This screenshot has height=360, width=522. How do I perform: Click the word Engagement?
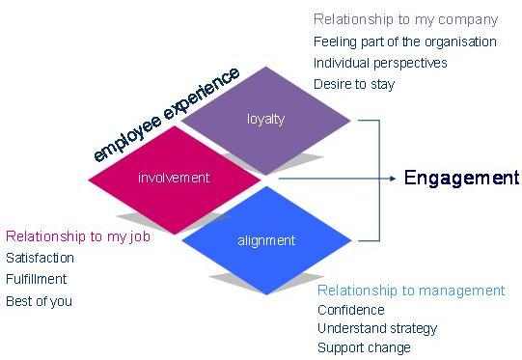pyautogui.click(x=461, y=178)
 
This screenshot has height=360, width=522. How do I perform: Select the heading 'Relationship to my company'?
pyautogui.click(x=405, y=19)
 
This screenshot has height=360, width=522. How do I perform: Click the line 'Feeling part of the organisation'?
pyautogui.click(x=404, y=42)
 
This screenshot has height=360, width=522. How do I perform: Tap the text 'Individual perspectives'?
pyautogui.click(x=380, y=63)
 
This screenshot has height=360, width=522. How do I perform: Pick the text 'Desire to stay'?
pyautogui.click(x=354, y=84)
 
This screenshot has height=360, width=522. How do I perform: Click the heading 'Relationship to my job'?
pyautogui.click(x=77, y=236)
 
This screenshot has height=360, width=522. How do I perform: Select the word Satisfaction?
pyautogui.click(x=40, y=258)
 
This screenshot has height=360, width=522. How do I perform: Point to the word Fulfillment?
pyautogui.click(x=37, y=279)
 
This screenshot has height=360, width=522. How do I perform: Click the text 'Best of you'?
pyautogui.click(x=39, y=301)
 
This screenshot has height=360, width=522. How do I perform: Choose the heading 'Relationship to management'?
pyautogui.click(x=411, y=291)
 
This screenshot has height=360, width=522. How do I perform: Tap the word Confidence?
pyautogui.click(x=351, y=310)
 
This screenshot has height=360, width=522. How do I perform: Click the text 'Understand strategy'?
pyautogui.click(x=377, y=328)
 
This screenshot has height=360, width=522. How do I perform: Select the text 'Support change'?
pyautogui.click(x=364, y=347)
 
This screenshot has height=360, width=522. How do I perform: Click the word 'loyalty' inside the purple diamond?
pyautogui.click(x=265, y=119)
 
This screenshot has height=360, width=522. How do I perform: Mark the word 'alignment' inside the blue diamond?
pyautogui.click(x=266, y=240)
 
